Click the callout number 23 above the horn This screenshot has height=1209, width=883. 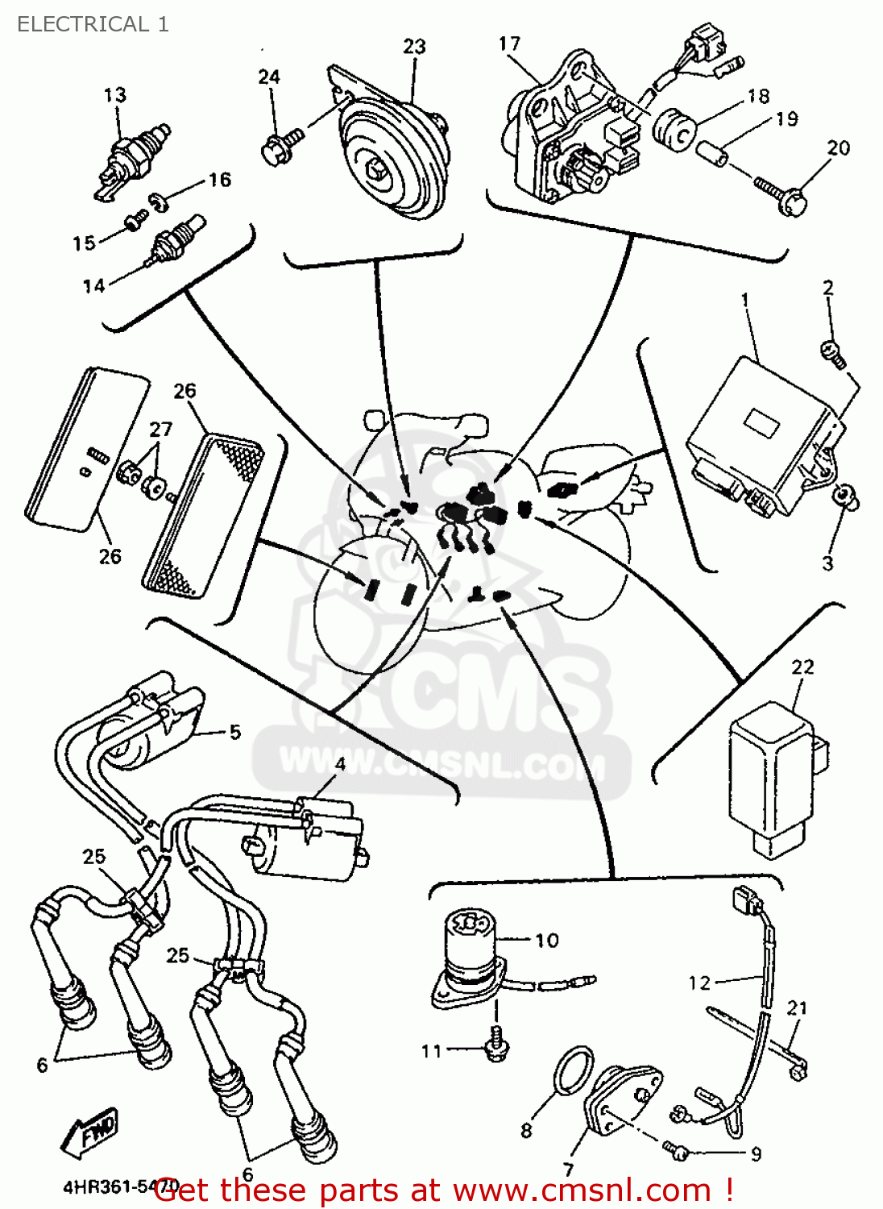414,47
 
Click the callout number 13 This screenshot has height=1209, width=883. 114,95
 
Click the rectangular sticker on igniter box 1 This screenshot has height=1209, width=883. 761,422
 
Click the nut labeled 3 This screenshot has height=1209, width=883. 846,496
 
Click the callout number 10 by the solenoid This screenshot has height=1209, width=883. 546,941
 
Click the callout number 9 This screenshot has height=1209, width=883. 756,1154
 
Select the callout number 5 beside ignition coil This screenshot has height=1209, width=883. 234,732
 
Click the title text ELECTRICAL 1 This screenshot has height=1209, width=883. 93,24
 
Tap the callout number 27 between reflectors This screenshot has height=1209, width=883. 161,429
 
